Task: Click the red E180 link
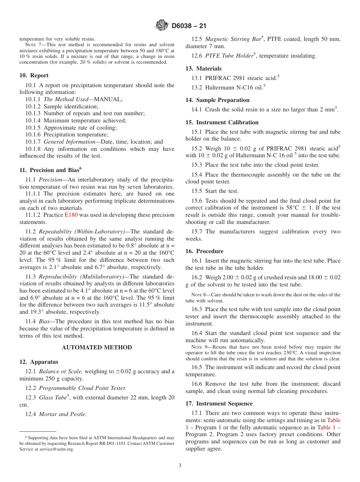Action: tap(70, 215)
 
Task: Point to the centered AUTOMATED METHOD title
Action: tap(97, 347)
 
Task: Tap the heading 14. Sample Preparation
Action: tap(217, 100)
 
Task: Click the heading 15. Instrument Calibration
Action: tap(222, 122)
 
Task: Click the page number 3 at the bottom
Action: tap(180, 466)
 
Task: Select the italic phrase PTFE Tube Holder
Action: tap(229, 56)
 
